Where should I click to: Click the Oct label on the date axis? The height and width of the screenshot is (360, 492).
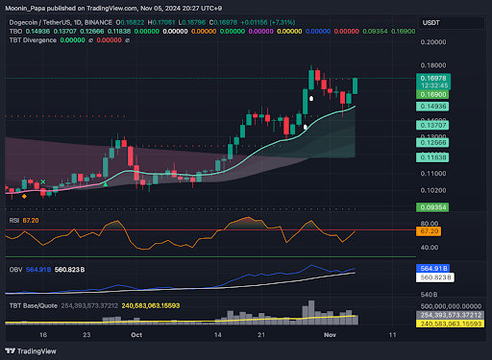pyautogui.click(x=135, y=337)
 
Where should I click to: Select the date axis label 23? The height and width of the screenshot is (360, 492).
pyautogui.click(x=87, y=337)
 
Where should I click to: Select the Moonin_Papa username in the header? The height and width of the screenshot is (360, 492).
pyautogui.click(x=29, y=8)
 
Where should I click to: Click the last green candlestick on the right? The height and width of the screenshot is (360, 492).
pyautogui.click(x=357, y=85)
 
